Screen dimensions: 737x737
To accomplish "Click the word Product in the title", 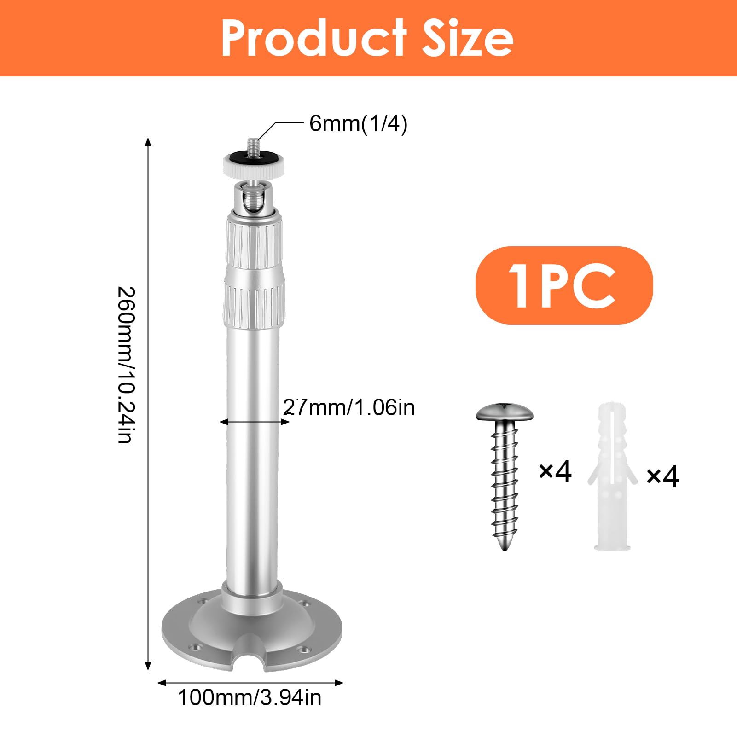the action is coord(314,38).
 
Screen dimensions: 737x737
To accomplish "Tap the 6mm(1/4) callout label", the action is coord(358,124).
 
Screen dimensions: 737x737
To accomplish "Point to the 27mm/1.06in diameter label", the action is coord(348,407).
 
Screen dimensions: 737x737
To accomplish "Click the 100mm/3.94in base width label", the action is coord(250,698).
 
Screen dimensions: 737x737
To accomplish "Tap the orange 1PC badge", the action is coord(564,285).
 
